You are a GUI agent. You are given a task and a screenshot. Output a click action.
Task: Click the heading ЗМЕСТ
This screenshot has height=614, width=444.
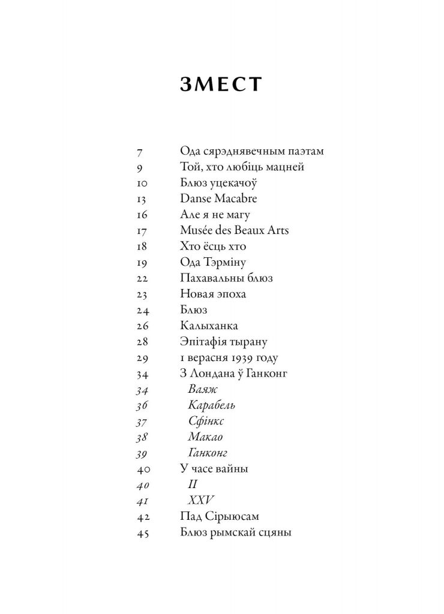[x=221, y=85]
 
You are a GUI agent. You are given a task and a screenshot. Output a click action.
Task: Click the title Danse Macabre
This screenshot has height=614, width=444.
[x=214, y=199]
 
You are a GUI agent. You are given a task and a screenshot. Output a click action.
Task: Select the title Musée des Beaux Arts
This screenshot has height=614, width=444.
[x=234, y=230]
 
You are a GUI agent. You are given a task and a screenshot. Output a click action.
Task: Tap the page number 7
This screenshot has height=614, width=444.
[x=140, y=152]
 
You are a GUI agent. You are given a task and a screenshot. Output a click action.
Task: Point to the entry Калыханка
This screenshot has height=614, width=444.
[x=209, y=326]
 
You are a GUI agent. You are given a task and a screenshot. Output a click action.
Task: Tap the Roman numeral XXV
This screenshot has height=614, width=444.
[x=201, y=499]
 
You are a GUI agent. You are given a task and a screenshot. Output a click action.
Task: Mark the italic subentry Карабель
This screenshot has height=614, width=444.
[x=211, y=405]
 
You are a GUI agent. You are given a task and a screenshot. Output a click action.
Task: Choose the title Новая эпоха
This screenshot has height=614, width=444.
[x=213, y=294]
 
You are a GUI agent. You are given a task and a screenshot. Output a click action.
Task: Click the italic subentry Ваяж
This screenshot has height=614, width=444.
[x=203, y=390]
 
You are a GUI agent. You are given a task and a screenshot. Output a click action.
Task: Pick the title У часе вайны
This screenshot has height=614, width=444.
[x=214, y=468]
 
